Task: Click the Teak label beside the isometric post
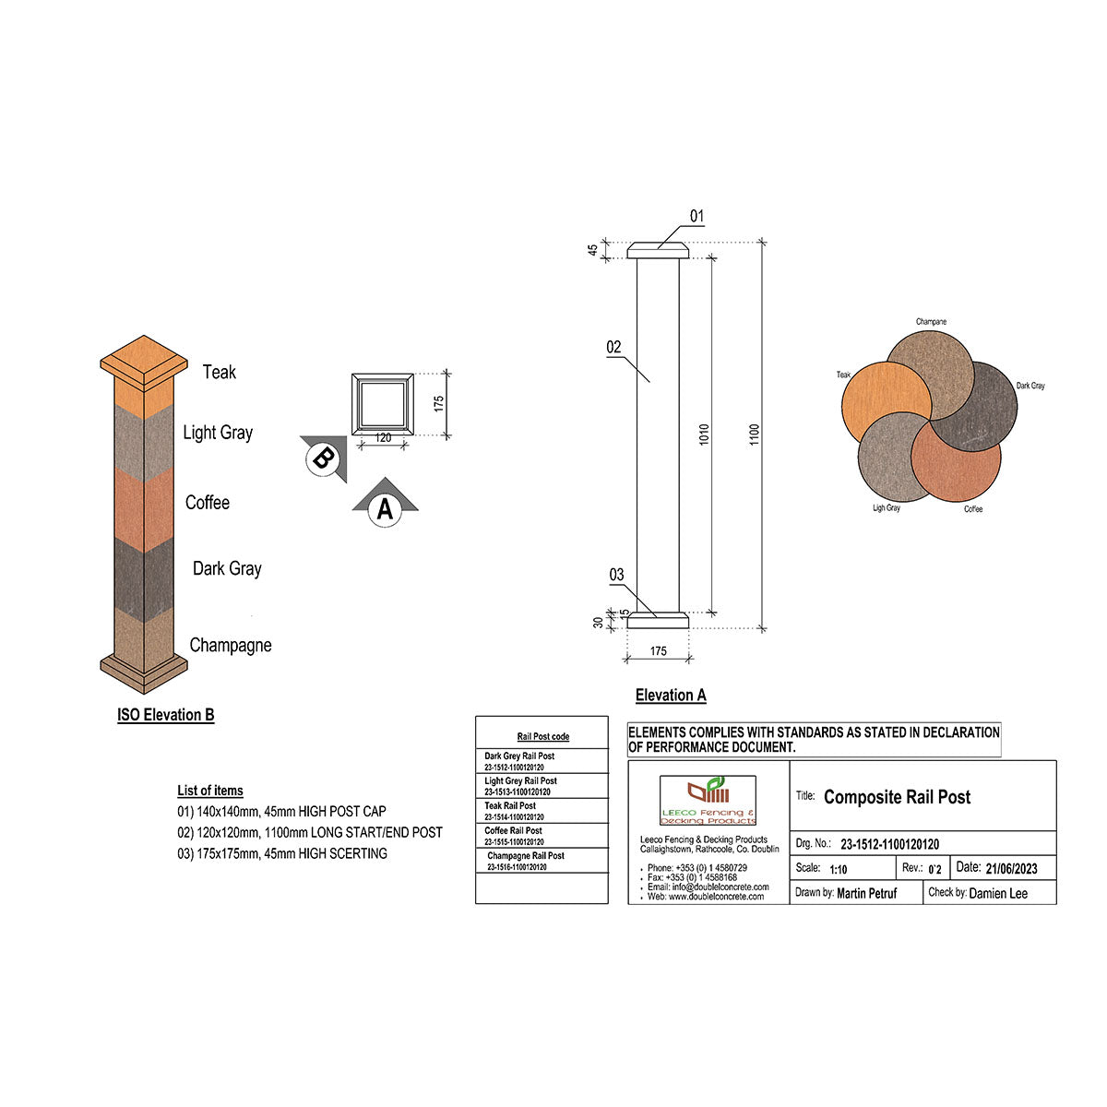(x=220, y=372)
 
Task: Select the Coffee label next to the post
(x=208, y=503)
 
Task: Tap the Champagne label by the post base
(x=231, y=645)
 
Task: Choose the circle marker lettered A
(x=385, y=508)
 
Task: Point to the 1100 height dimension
(x=755, y=434)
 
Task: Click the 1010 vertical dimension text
(x=705, y=434)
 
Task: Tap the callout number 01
(x=696, y=217)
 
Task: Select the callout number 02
(x=614, y=348)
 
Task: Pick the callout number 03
(x=617, y=576)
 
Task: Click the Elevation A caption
(x=671, y=696)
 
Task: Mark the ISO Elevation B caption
(x=166, y=715)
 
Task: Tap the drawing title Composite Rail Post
(x=897, y=797)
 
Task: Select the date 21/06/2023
(x=1011, y=868)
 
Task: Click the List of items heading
(x=210, y=791)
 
